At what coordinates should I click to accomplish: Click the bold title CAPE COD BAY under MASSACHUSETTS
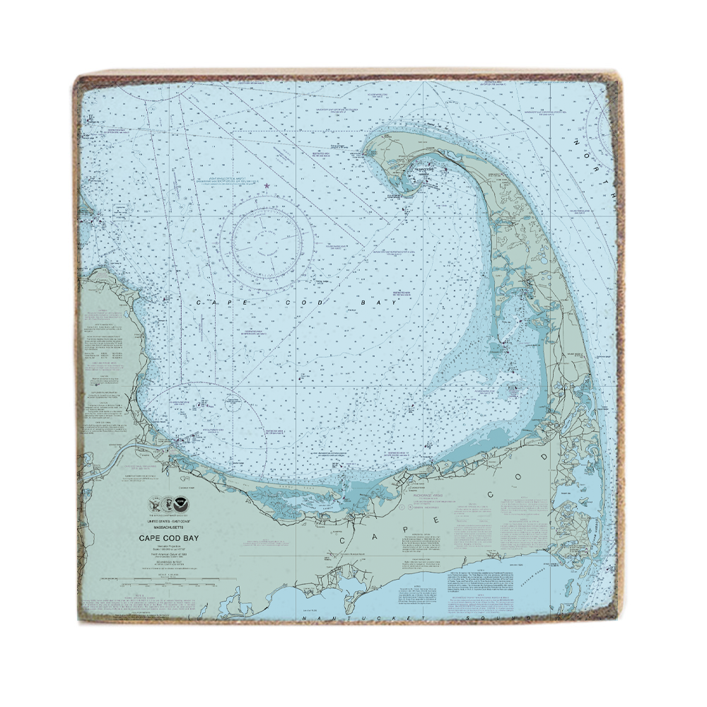pyautogui.click(x=169, y=538)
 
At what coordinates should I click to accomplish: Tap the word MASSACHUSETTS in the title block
pyautogui.click(x=169, y=527)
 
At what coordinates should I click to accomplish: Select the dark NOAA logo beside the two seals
pyautogui.click(x=183, y=506)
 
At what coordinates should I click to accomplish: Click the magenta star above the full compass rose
pyautogui.click(x=267, y=186)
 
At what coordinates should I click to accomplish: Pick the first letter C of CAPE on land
pyautogui.click(x=344, y=540)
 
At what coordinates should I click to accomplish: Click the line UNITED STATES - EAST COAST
pyautogui.click(x=169, y=521)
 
